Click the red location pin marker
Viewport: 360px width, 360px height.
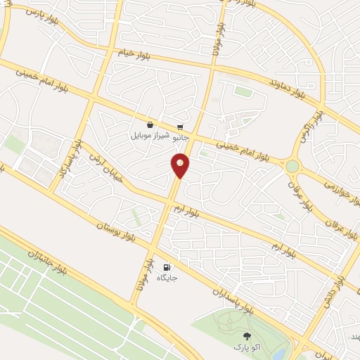point(181,165)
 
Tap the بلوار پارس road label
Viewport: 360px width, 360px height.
point(41,18)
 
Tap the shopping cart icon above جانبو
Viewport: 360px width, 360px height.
point(181,126)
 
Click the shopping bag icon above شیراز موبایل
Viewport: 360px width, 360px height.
point(150,124)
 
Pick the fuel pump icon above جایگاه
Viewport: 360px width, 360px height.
point(166,267)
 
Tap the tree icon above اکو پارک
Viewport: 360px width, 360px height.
point(246,336)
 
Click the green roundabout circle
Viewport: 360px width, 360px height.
point(292,167)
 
